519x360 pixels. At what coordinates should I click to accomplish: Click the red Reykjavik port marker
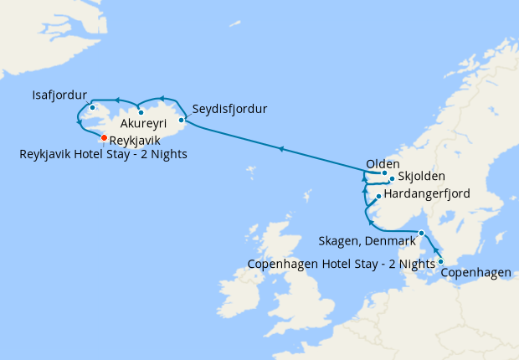tap(104, 138)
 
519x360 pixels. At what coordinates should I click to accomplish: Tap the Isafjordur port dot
tap(92, 108)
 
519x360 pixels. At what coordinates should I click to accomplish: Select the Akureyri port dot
tap(141, 112)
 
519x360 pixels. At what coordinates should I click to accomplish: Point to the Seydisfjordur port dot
tap(182, 120)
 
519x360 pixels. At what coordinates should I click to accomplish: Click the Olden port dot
tap(384, 173)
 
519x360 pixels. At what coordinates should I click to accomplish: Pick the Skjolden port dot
tap(392, 179)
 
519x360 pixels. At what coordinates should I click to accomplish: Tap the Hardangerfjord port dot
tap(378, 197)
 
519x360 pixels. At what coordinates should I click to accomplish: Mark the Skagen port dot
tap(422, 234)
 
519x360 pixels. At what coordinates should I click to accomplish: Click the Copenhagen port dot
tap(441, 262)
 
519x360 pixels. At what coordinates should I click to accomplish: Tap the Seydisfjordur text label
tap(229, 110)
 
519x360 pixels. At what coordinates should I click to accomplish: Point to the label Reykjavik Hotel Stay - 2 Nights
tap(104, 154)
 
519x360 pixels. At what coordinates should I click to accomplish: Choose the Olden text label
tap(383, 163)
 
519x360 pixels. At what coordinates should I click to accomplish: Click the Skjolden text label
tap(422, 177)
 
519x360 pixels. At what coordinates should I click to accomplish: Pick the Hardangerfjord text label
tap(426, 194)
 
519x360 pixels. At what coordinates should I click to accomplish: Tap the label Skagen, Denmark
tap(367, 241)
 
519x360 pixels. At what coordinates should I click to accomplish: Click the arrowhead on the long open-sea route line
tap(282, 150)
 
